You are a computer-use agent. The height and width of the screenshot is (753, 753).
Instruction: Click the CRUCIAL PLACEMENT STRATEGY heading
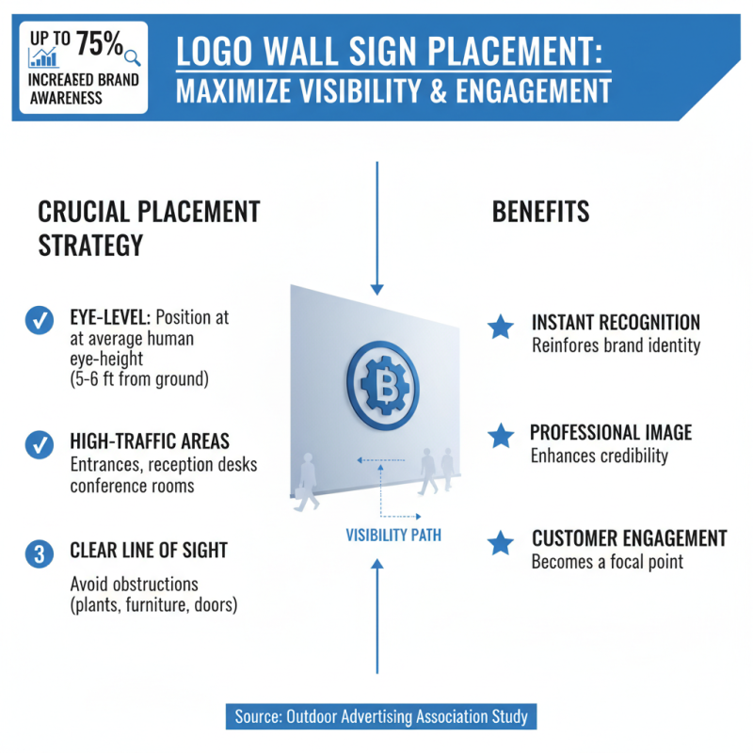(148, 228)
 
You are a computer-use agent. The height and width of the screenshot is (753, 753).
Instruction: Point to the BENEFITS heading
(540, 212)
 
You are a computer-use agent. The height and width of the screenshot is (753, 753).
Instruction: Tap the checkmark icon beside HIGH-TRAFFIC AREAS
(39, 442)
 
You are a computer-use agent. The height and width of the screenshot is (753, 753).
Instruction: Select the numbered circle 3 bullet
(39, 553)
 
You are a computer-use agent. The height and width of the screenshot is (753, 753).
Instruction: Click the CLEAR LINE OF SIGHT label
(149, 551)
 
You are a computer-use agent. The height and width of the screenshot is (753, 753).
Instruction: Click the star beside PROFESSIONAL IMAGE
(501, 435)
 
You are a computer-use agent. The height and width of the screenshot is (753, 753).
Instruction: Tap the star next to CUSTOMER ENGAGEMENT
(501, 542)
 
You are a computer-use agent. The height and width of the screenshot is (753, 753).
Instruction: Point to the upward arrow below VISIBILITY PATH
(376, 612)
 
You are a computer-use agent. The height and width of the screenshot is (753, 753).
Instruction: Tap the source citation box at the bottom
(381, 716)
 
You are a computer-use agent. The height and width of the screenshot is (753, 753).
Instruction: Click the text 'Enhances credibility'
(600, 457)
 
